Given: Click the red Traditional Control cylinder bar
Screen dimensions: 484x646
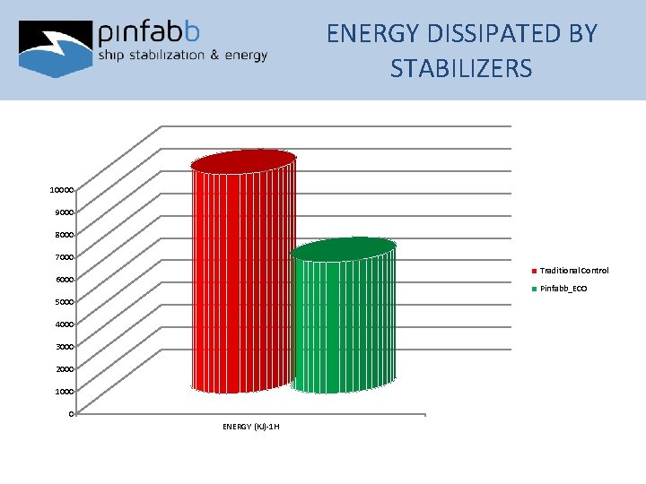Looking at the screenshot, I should [243, 278].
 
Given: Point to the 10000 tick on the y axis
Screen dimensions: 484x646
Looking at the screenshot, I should [62, 190].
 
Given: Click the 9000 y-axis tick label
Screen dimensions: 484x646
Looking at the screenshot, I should [64, 212].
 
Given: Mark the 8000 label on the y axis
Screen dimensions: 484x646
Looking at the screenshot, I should [64, 235].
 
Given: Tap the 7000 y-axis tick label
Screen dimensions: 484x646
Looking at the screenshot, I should [64, 257].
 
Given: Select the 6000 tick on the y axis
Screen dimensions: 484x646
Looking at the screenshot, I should [64, 280].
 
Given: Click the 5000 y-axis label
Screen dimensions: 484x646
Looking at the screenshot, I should [64, 301].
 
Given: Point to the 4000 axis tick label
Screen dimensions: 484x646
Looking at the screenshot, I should [64, 324].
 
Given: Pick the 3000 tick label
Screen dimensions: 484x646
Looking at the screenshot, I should [64, 346].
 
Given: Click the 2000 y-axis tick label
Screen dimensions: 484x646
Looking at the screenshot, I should [64, 368].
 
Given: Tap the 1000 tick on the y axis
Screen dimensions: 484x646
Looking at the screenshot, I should [64, 391].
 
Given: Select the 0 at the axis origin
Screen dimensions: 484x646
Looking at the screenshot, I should [70, 413].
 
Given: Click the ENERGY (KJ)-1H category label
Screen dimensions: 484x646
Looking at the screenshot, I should [251, 426].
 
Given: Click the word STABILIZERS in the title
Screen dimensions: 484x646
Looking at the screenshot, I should [461, 68].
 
